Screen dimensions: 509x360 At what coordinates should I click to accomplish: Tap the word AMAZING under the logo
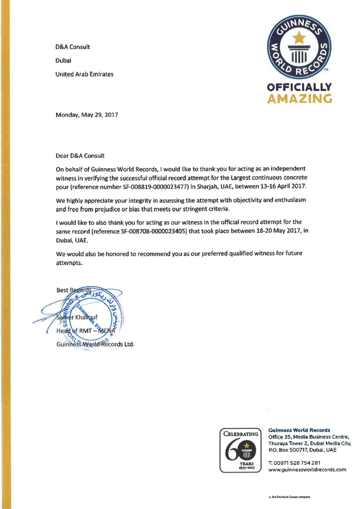coord(300,99)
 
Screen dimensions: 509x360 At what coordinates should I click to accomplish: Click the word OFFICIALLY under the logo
coord(299,87)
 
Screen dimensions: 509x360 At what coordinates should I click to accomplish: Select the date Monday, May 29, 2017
coord(87,115)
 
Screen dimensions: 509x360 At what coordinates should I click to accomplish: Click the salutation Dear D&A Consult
coord(80,156)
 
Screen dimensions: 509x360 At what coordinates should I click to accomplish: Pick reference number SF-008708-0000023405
coord(154,231)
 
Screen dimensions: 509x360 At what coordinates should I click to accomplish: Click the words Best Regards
coord(74,290)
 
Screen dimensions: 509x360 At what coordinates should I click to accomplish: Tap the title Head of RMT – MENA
coord(86,331)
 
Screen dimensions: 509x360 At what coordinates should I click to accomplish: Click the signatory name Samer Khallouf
coord(77,317)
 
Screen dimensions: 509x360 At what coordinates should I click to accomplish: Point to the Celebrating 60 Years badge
coord(240,450)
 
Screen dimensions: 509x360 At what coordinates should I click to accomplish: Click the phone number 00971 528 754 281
coord(297,463)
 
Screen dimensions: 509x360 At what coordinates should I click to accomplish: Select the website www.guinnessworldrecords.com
coord(307,470)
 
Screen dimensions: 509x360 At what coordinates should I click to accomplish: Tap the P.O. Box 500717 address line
coord(302,450)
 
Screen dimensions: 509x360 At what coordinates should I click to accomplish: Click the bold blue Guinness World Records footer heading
coord(299,430)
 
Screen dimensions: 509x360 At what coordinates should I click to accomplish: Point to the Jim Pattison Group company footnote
coord(289,497)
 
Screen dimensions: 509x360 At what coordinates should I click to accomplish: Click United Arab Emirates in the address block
coord(84,74)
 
